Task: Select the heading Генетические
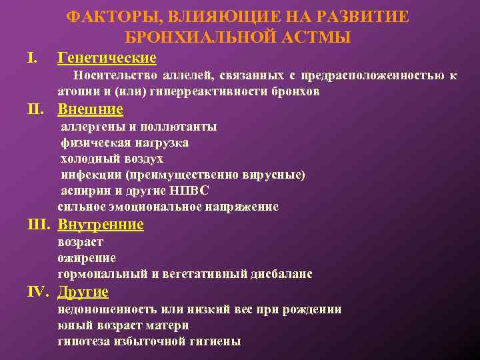pos(107,59)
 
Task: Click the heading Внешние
pos(91,109)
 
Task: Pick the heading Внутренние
pos(101,225)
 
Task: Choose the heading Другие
pos(83,292)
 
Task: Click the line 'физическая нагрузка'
pos(125,143)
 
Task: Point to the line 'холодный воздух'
pos(112,159)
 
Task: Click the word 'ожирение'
pos(87,258)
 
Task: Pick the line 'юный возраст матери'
pos(123,325)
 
